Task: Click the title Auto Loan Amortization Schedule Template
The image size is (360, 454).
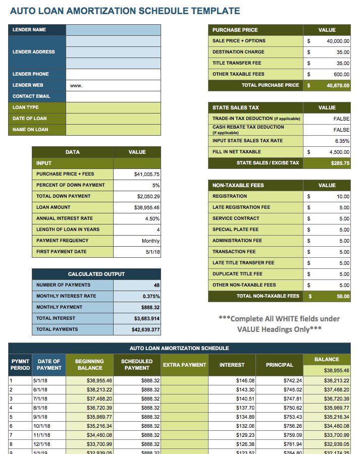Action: [x=125, y=11]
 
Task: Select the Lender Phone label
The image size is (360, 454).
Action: [x=31, y=74]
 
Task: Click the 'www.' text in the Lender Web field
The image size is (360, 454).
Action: [x=76, y=86]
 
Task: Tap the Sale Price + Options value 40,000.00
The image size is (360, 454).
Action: [x=338, y=41]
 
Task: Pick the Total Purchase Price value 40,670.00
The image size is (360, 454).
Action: [x=338, y=86]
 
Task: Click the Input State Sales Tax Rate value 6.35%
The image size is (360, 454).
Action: [x=342, y=141]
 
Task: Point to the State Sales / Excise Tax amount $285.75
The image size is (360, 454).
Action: [x=340, y=163]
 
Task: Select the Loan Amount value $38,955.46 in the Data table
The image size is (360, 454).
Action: [x=147, y=207]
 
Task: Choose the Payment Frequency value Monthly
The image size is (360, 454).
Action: [x=150, y=241]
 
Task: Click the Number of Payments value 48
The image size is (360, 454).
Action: [x=157, y=286]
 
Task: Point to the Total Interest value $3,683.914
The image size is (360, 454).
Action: [x=147, y=319]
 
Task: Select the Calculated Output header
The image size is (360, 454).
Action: [x=96, y=274]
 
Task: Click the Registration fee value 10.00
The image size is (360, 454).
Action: [x=343, y=197]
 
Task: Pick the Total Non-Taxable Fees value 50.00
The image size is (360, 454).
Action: [x=343, y=297]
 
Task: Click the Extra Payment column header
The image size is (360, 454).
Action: [x=184, y=365]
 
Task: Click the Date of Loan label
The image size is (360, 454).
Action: [x=29, y=119]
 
